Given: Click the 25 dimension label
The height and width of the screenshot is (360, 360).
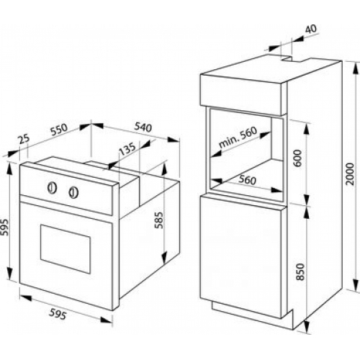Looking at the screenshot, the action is click(24, 140).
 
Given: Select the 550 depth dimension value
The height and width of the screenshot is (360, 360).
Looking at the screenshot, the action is click(59, 129).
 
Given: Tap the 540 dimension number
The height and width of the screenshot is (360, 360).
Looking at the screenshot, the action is click(143, 127).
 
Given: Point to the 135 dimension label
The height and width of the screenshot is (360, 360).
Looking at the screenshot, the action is click(127, 149).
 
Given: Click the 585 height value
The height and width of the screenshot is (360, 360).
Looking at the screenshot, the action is click(159, 220).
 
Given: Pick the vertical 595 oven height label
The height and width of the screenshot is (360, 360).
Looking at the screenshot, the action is click(4, 228).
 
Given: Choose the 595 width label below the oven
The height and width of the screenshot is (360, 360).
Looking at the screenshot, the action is click(58, 314).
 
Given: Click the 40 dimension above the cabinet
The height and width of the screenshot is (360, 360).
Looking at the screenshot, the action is click(311, 29).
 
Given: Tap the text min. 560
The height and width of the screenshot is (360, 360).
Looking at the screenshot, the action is click(238, 138).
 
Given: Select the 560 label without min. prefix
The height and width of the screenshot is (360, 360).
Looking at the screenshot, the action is click(248, 180).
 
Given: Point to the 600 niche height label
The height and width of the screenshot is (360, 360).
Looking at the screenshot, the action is click(297, 158).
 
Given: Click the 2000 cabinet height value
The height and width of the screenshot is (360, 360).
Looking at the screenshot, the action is click(350, 174).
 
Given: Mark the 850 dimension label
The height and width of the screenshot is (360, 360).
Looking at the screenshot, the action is click(300, 271).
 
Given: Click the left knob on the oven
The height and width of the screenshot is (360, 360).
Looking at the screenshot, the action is click(52, 188).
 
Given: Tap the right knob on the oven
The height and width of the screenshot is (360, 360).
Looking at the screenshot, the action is click(73, 192).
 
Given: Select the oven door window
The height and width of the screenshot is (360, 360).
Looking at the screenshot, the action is click(66, 249).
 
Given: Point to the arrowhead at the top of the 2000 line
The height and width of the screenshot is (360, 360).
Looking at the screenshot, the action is click(354, 68).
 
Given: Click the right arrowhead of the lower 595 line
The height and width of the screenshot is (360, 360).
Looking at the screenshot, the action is click(107, 320).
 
